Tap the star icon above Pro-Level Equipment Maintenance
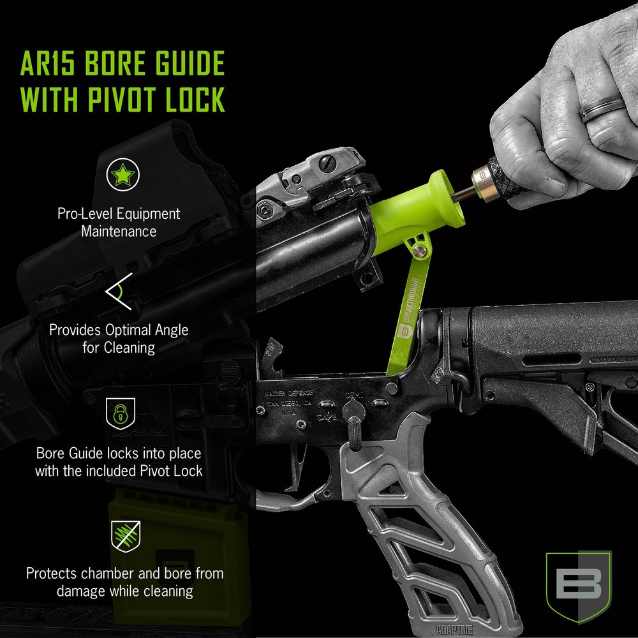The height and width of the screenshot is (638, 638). (x=122, y=175)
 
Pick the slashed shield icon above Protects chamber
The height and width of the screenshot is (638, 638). (x=122, y=535)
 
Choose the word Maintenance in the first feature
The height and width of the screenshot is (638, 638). (x=119, y=230)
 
